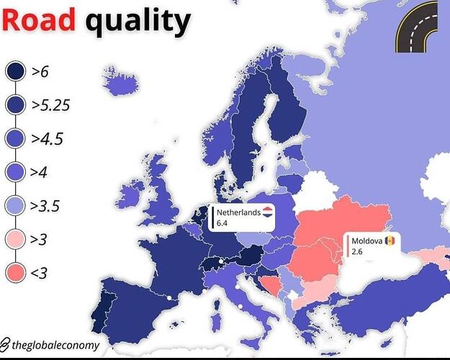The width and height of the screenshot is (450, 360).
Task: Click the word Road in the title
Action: coord(39,22)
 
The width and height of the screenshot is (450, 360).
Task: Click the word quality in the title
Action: coord(138,23)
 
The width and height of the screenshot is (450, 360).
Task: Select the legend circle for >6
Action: coord(15,72)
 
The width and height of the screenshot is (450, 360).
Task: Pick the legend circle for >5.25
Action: coord(15,105)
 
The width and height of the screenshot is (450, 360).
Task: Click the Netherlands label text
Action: coord(238,212)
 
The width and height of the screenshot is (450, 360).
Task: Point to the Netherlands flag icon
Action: coord(267,212)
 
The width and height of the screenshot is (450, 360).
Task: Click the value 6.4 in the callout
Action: coord(222,224)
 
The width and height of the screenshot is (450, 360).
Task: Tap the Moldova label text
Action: coord(366,240)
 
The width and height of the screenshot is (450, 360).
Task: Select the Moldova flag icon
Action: coord(390,240)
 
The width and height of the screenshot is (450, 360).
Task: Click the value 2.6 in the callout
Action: coord(356,252)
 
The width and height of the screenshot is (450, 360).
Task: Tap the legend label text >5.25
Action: coord(50,105)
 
